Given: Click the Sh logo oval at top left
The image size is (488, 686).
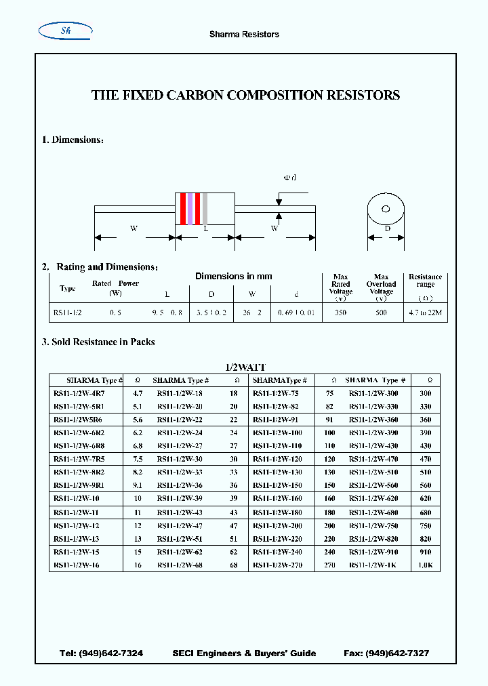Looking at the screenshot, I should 66,30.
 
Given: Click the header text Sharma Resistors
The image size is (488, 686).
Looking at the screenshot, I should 244,34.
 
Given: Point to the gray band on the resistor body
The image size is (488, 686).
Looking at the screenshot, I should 205,209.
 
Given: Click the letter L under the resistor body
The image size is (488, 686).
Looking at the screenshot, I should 205,229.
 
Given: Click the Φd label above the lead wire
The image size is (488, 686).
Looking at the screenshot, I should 289,178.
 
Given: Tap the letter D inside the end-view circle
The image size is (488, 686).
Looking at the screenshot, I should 387,229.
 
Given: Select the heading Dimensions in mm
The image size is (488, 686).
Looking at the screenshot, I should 234,276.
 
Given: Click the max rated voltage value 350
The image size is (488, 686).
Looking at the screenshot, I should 340,313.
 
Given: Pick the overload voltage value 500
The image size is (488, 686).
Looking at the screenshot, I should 381,313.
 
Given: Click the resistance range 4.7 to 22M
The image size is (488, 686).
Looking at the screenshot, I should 425,313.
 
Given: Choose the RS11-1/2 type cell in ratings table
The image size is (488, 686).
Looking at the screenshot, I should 67,313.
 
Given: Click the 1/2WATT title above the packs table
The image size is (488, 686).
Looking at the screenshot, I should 245,367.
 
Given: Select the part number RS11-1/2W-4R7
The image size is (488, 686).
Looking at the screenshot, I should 79,393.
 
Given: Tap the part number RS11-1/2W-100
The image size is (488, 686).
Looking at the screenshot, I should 277,432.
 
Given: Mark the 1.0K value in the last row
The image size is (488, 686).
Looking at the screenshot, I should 425,565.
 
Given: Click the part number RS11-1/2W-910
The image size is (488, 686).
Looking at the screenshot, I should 373,552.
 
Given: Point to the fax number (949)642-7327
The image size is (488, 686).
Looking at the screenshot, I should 397,653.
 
